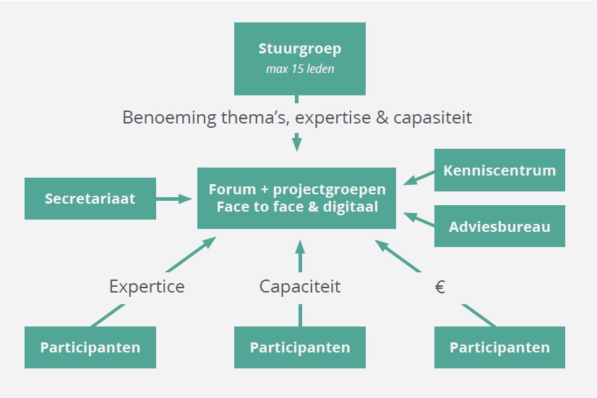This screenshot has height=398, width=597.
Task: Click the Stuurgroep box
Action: point(300,59)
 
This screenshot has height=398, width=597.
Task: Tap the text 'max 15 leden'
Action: point(300,69)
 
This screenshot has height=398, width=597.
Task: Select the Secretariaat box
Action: point(90,199)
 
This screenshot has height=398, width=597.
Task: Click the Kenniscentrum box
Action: point(499,170)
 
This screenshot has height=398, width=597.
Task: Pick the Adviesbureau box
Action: point(499,226)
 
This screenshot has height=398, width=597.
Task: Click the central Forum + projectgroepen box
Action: point(296,198)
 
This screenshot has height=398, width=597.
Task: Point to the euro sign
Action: point(439,287)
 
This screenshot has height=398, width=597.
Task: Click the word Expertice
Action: point(147,287)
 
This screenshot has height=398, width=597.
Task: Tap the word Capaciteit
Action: point(300,287)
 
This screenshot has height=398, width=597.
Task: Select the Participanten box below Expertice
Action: point(90,347)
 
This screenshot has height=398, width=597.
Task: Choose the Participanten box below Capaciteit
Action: point(300,347)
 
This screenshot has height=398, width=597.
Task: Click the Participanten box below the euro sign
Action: point(499,347)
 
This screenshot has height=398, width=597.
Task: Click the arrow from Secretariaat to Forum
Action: point(174,199)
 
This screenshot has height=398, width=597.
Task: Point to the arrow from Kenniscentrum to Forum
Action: point(418,178)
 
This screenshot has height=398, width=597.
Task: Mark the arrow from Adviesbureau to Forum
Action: point(418,219)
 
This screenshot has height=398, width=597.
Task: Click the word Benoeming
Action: point(169,118)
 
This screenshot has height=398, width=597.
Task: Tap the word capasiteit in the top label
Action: point(432,118)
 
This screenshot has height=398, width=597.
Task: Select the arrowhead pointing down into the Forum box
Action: point(297,143)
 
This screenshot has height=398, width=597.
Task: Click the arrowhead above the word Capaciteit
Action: point(300,247)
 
